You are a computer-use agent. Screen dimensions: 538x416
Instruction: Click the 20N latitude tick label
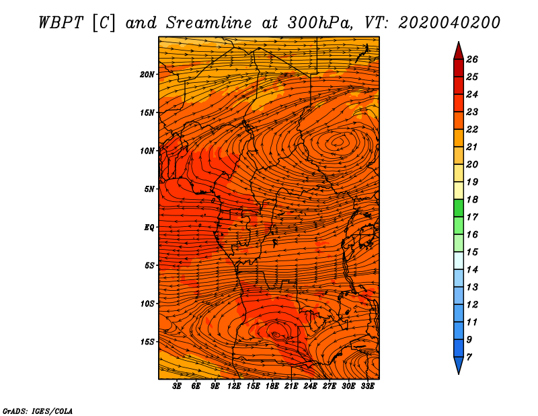click(147, 75)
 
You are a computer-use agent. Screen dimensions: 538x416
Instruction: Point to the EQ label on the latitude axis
click(149, 228)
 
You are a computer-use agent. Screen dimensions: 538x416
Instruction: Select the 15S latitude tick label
click(147, 342)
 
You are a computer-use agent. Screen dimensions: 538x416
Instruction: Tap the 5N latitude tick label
click(149, 189)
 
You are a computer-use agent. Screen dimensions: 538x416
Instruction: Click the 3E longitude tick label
click(177, 386)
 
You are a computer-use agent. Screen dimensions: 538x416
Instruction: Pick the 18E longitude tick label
click(272, 386)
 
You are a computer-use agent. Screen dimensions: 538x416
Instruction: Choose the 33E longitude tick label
click(367, 386)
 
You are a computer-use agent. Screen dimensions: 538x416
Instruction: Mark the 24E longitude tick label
click(310, 386)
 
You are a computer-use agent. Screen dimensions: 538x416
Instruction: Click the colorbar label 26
click(472, 60)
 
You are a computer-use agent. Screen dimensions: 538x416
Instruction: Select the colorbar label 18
click(472, 200)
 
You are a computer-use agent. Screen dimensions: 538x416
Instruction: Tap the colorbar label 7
click(469, 357)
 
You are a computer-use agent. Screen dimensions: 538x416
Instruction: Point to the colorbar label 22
click(472, 130)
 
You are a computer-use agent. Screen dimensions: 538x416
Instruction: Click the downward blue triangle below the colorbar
click(459, 364)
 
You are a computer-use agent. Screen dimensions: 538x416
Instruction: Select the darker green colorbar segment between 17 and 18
click(459, 208)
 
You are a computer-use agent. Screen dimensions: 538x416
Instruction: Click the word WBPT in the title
click(61, 23)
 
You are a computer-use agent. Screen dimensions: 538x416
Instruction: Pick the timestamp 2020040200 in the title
click(449, 23)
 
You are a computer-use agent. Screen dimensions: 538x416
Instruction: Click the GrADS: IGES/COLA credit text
click(38, 411)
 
